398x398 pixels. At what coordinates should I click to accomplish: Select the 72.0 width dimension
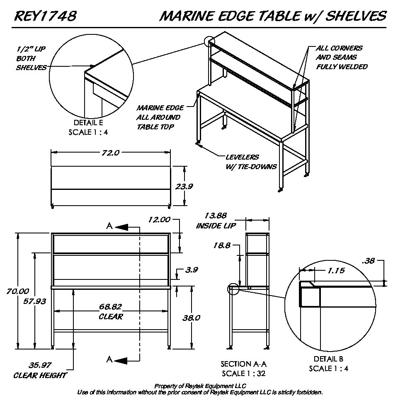tap(111, 153)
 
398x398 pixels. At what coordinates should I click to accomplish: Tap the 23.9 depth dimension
tap(184, 187)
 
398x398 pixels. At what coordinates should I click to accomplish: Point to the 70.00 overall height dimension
tap(18, 291)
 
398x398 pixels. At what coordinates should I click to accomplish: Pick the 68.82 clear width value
tap(111, 307)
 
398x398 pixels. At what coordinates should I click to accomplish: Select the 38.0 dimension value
tap(192, 318)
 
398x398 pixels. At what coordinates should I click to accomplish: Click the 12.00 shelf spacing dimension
tap(159, 220)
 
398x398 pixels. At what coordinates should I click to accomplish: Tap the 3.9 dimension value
tap(192, 270)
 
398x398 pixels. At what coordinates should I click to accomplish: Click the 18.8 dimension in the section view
tap(222, 245)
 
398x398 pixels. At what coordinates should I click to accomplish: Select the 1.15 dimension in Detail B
tap(336, 270)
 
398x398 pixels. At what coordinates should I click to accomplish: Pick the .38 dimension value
tap(369, 261)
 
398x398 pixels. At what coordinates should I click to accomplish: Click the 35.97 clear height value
tap(40, 365)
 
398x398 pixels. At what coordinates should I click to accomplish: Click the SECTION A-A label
tap(243, 364)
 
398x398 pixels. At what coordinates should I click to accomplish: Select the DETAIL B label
tap(328, 359)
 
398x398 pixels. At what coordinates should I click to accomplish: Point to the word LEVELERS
tap(242, 158)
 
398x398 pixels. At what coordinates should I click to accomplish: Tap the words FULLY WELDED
tap(342, 67)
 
